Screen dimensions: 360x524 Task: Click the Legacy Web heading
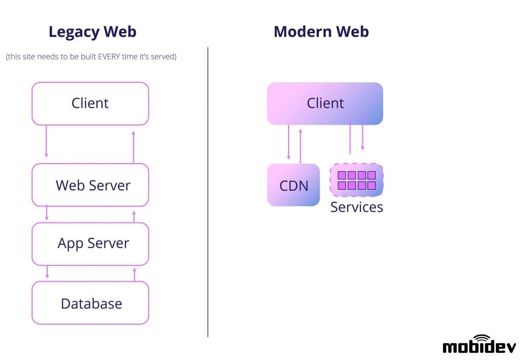coord(92,32)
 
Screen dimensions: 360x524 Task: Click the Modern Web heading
coord(321,32)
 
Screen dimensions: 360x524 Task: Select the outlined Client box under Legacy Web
coord(90,103)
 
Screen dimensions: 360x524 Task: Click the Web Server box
coord(90,185)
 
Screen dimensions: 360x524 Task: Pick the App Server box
coord(90,243)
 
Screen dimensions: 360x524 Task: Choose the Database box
coord(90,303)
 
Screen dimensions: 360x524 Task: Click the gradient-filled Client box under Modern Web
coord(325,103)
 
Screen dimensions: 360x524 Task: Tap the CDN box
coord(293,185)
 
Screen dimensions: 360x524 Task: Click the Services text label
coord(357,207)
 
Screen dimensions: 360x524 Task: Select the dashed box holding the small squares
coord(357,180)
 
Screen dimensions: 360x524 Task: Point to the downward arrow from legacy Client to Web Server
coord(46,141)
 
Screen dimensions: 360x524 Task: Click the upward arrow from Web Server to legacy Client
coord(134,147)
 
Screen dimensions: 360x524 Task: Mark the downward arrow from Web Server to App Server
coord(47,213)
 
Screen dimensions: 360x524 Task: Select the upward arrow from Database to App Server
coord(135,274)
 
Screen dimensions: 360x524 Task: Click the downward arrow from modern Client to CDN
coord(289,143)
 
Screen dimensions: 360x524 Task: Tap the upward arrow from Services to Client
coord(350,137)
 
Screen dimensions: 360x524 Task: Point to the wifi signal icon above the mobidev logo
coord(481,337)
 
